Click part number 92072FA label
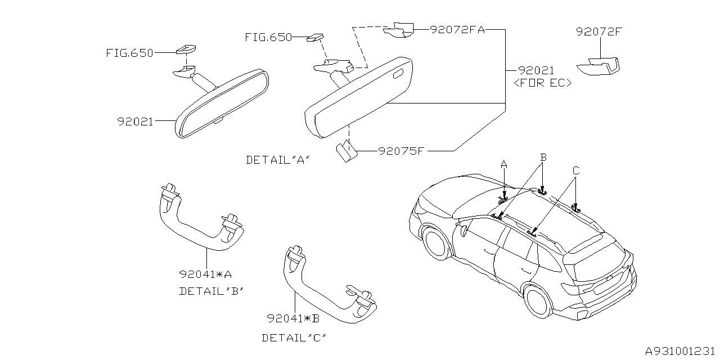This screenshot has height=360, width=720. coord(457,30)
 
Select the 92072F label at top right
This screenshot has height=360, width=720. coord(598,32)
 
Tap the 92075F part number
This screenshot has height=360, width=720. coord(400,151)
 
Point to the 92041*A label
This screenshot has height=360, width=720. coord(206,274)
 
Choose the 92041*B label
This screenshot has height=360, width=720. coord(294,319)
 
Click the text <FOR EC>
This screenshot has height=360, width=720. coord(543,83)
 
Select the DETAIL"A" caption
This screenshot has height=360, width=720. coord(278,160)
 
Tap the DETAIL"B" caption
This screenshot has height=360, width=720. coord(211,291)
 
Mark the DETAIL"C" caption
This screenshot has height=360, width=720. coord(294,338)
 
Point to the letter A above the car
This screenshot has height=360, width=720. coord(504,164)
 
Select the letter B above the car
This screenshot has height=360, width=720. coord(542,158)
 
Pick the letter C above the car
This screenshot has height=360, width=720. coord(575,170)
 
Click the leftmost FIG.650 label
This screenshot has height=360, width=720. coord(129,53)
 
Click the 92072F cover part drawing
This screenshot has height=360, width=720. coord(600,66)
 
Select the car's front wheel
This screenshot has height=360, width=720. coord(435,243)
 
